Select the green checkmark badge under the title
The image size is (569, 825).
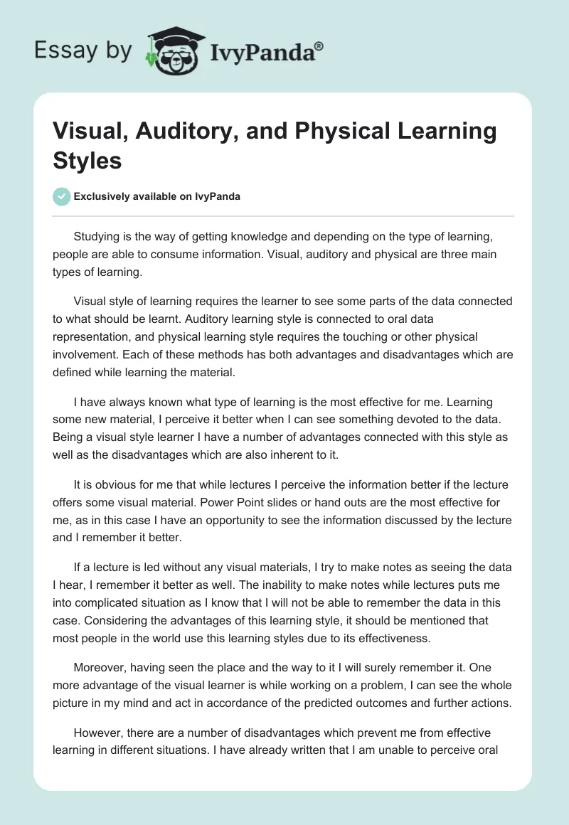coord(62,196)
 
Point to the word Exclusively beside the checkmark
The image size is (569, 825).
coord(105,196)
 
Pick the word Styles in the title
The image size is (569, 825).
coord(87,160)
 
